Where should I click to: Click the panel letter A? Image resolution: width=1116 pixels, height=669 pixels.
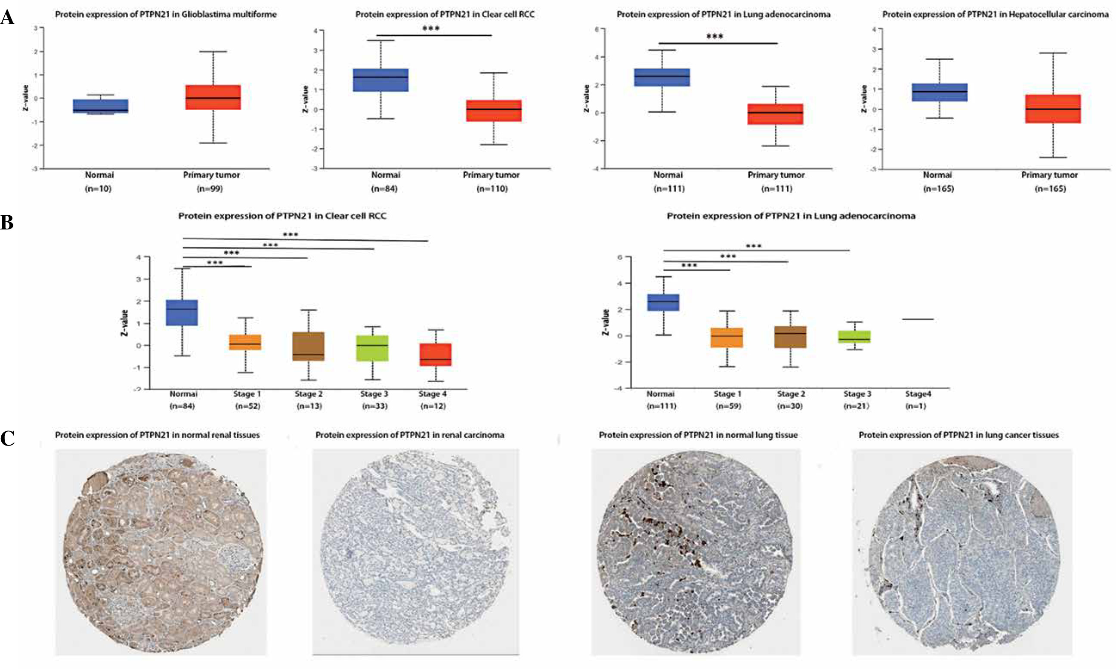tap(7, 18)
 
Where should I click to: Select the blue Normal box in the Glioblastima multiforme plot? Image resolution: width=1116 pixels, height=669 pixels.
tap(100, 106)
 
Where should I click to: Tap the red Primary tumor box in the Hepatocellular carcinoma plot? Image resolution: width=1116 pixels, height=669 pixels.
tap(1052, 108)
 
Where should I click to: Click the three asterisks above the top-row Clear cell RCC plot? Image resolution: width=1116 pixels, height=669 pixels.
tap(431, 29)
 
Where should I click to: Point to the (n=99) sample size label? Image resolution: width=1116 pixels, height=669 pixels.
tap(210, 189)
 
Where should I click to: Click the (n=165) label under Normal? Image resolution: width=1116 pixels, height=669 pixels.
tap(938, 189)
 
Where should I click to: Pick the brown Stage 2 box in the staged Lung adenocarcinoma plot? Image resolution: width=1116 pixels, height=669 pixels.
tap(790, 337)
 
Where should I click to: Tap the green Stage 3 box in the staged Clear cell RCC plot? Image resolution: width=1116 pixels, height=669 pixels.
tap(372, 348)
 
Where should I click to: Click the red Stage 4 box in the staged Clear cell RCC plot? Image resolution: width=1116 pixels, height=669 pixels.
tap(435, 355)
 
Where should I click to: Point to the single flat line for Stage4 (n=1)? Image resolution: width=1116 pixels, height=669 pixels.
tap(917, 319)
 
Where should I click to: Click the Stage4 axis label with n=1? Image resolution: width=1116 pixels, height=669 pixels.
tap(918, 394)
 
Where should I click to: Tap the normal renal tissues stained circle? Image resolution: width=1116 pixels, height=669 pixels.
tap(161, 552)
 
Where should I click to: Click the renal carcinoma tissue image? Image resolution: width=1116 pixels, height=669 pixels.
tap(415, 552)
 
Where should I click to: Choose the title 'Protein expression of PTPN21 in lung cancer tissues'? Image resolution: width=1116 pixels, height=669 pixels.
tap(958, 435)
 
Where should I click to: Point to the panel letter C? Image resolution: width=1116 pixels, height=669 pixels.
tap(7, 438)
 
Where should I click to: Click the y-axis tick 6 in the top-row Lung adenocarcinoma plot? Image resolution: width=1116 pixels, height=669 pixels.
tap(597, 29)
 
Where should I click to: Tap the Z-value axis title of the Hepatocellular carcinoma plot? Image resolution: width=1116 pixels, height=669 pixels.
tap(864, 99)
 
